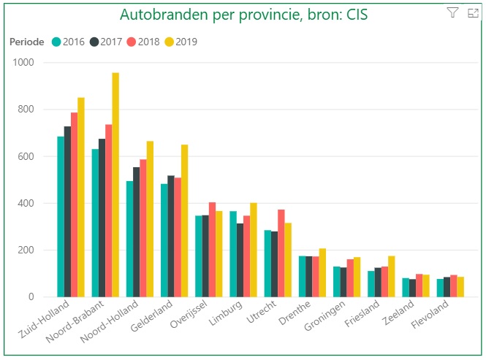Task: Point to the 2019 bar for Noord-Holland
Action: click(x=150, y=219)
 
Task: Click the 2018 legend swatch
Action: click(x=132, y=42)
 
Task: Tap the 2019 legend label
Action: click(x=186, y=42)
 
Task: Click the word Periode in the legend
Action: click(x=26, y=42)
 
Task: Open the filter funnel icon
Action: click(x=452, y=12)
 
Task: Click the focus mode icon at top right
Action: click(x=472, y=12)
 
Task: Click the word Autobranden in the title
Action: click(x=155, y=14)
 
